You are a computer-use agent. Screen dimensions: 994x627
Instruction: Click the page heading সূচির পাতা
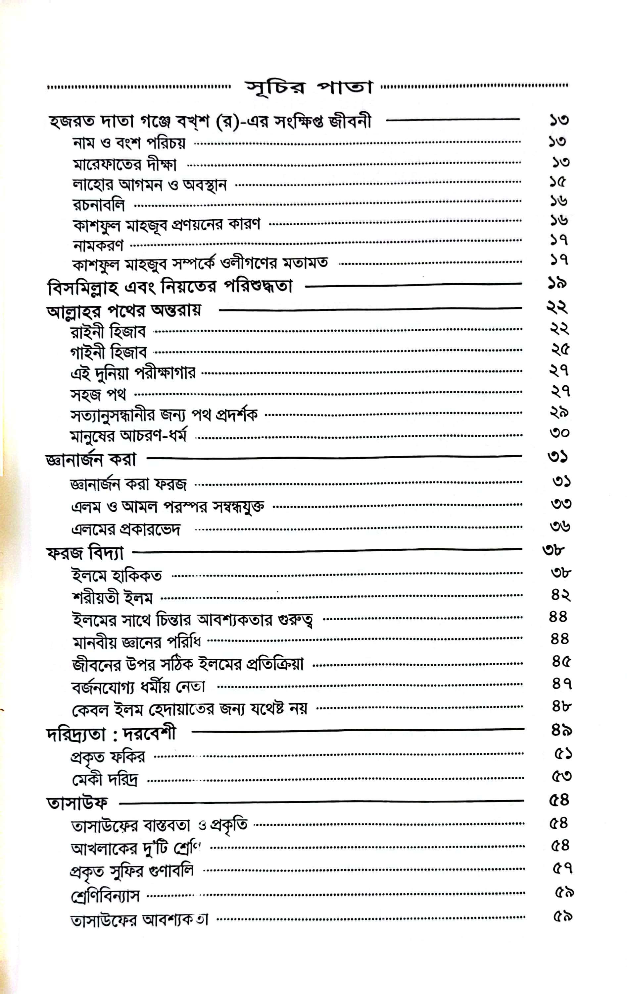[309, 87]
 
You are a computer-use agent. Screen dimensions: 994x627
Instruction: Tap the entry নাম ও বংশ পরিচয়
[129, 143]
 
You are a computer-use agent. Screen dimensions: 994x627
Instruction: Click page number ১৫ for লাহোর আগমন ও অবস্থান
[558, 181]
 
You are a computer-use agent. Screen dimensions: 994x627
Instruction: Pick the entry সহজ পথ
[98, 394]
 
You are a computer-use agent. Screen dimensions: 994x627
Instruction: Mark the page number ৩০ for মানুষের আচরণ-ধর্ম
[560, 433]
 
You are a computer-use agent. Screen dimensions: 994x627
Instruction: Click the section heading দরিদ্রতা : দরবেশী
[111, 734]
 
